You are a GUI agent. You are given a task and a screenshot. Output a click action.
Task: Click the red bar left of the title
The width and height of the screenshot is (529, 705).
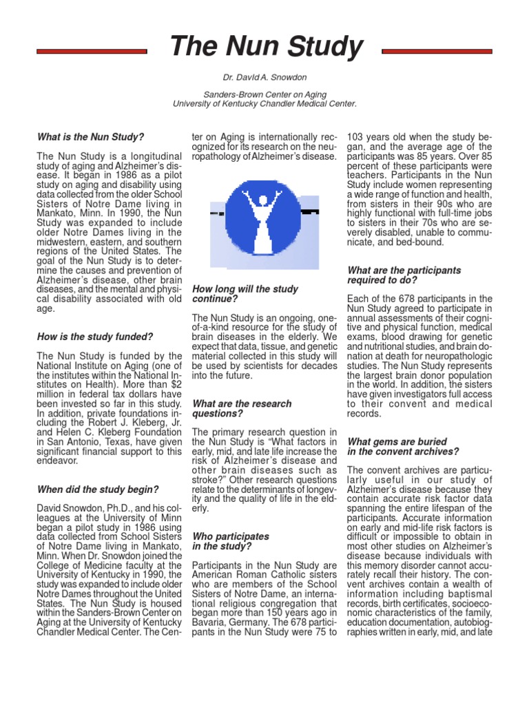[x=91, y=51]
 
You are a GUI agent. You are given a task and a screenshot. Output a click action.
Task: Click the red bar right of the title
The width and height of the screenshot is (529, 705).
[x=437, y=51]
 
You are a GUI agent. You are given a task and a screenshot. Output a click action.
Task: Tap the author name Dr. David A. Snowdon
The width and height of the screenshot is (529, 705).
[x=264, y=78]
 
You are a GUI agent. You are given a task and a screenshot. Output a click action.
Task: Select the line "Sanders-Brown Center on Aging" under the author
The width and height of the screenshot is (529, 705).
[x=264, y=94]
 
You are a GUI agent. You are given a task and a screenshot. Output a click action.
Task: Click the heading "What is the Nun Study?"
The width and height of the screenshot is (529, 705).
[x=90, y=137]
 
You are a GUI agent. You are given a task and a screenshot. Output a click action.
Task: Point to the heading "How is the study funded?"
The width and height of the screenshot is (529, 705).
[x=95, y=337]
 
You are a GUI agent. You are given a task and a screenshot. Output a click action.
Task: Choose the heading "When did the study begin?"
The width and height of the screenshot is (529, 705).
[x=98, y=490]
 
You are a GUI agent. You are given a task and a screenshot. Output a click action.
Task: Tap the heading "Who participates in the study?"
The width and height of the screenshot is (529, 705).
[x=230, y=540]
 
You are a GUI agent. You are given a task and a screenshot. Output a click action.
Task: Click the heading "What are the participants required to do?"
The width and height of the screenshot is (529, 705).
[x=404, y=275]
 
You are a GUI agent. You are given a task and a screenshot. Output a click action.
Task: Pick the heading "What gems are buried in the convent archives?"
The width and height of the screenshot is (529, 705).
[x=402, y=446]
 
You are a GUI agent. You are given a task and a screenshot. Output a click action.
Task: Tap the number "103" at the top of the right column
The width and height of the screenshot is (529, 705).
[x=357, y=137]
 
